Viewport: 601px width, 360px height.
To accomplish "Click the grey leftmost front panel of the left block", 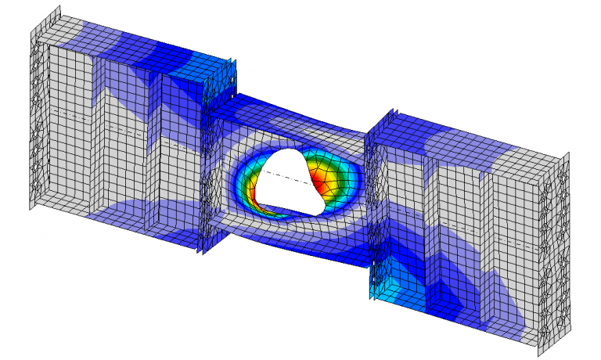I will click(x=67, y=133).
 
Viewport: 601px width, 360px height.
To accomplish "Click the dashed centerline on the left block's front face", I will click(x=102, y=122).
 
